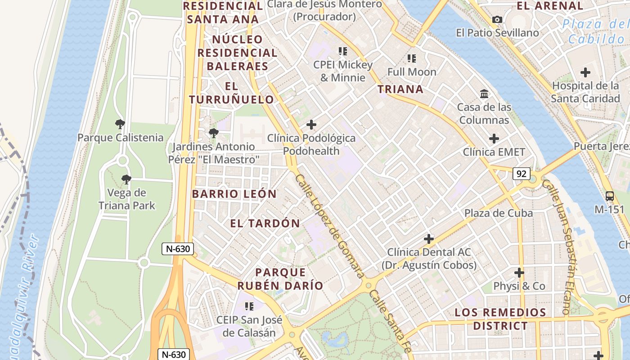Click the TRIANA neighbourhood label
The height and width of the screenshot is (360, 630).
[x=400, y=89]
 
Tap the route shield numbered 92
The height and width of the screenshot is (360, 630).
[x=521, y=174]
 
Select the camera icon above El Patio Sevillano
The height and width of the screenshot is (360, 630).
[x=497, y=19]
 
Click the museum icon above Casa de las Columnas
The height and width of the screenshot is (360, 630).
[x=484, y=94]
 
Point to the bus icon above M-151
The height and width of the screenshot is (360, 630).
[x=610, y=196]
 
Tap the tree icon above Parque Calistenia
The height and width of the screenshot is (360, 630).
[x=120, y=124]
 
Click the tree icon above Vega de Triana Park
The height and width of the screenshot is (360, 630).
[x=126, y=180]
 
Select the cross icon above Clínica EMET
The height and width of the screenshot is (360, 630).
[x=494, y=139]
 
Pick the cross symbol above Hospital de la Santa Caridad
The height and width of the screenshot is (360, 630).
[x=585, y=72]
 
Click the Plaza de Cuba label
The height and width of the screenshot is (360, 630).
[x=498, y=213]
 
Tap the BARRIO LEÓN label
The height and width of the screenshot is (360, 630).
[x=234, y=194]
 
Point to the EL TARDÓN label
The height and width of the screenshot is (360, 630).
[x=265, y=223]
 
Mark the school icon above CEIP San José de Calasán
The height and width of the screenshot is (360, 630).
[x=249, y=306]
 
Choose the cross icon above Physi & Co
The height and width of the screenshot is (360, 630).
[x=519, y=273]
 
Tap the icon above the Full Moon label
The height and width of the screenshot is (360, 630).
[x=411, y=58]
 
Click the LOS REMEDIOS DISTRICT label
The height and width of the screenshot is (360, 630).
[x=500, y=319]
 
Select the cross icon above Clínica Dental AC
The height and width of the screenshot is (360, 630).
[x=428, y=238]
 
